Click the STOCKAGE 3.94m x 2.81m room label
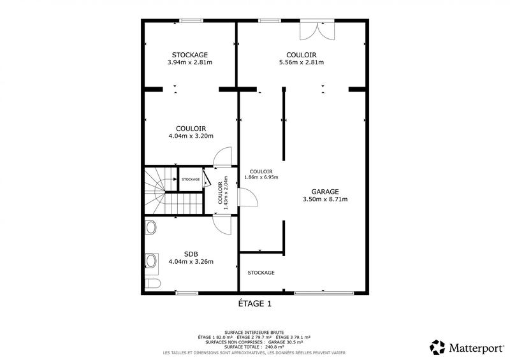point(190,59)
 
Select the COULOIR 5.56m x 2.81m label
point(302,59)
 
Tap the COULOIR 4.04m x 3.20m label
point(190,132)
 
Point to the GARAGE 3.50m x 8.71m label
point(324,195)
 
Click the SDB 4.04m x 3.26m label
point(190,257)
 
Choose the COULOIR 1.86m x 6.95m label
point(261,174)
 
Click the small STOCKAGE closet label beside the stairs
point(190,180)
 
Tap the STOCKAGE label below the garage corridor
point(261,273)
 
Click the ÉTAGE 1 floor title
point(254,304)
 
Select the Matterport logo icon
point(437,347)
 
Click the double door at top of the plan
point(316,29)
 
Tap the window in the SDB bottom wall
point(186,293)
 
